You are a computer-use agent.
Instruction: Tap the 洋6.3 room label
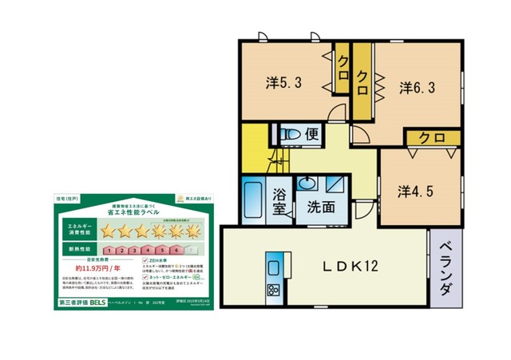tap(417, 88)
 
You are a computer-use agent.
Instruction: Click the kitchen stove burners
tap(273, 289)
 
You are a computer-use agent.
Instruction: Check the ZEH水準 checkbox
tap(144, 261)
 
